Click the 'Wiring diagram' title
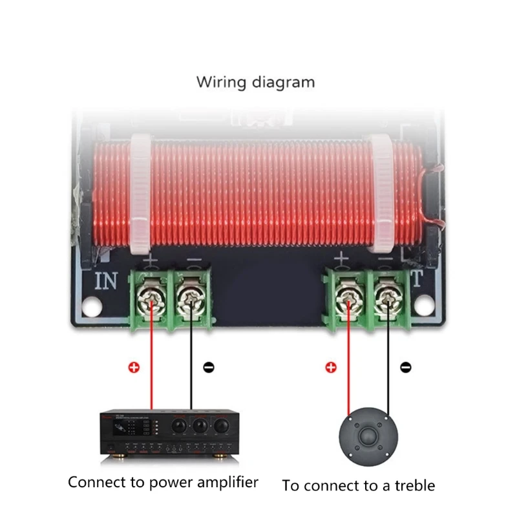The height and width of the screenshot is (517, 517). point(255,83)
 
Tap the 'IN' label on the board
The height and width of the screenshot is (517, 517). point(107,282)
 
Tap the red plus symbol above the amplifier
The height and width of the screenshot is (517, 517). point(134,368)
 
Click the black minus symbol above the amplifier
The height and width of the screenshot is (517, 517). point(208,368)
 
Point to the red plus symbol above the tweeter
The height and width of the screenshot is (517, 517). point(331,368)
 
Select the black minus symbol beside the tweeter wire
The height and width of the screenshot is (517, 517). point(405,368)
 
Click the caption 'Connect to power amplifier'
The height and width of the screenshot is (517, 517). point(163,482)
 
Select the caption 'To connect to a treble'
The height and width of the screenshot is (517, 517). point(359,485)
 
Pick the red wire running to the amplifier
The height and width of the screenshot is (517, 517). point(152,362)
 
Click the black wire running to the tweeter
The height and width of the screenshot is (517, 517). point(388,362)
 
